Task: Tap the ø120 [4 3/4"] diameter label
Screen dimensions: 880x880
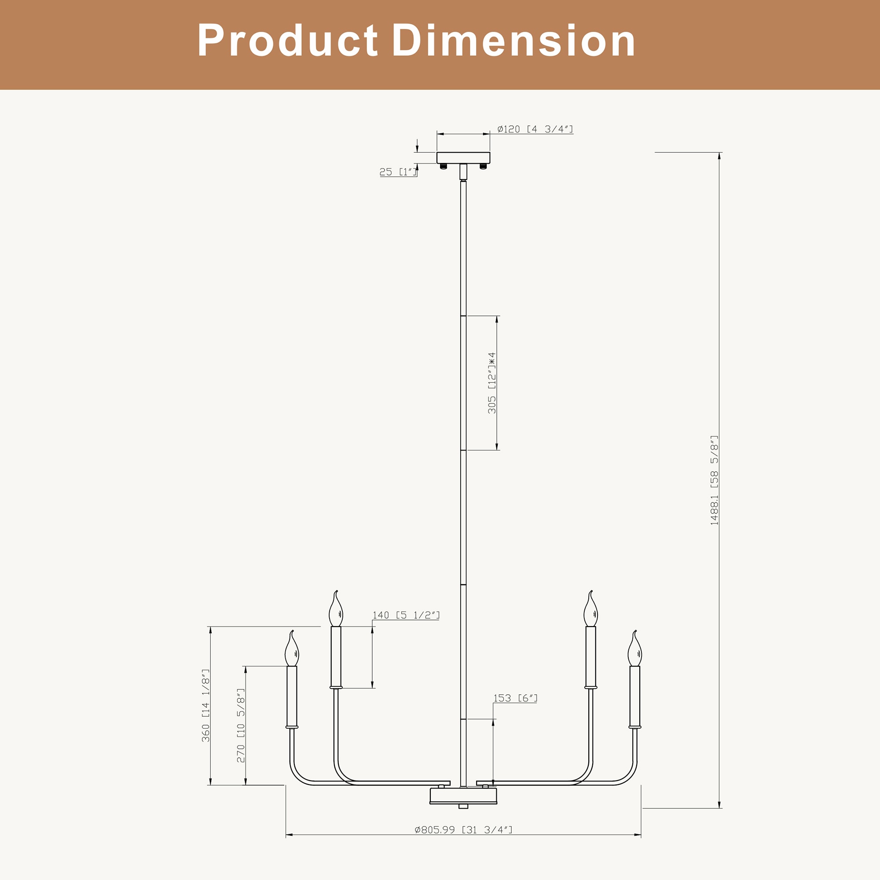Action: click(x=535, y=129)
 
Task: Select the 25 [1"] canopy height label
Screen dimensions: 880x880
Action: click(x=398, y=172)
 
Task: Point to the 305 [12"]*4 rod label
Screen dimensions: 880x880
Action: click(x=492, y=383)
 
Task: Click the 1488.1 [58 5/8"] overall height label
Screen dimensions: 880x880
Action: click(x=714, y=480)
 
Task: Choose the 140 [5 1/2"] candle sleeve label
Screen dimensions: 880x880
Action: click(x=406, y=615)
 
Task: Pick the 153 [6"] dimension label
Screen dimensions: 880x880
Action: click(x=516, y=698)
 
